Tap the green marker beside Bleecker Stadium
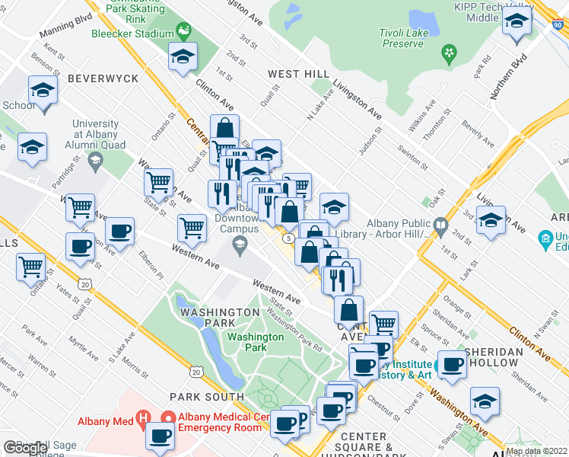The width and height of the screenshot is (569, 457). click(x=183, y=32)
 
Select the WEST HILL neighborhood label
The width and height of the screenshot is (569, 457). click(x=299, y=74)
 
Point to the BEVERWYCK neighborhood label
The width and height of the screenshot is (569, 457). click(x=103, y=78)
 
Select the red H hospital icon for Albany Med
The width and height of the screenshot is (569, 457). click(x=141, y=420)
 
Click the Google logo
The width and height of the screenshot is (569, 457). click(x=25, y=448)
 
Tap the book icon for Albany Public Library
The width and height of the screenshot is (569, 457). click(x=440, y=225)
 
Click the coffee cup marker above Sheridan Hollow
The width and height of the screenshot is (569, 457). click(x=453, y=366)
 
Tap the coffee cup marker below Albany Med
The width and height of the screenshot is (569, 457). click(x=161, y=437)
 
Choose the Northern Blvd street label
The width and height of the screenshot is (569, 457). click(x=509, y=79)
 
